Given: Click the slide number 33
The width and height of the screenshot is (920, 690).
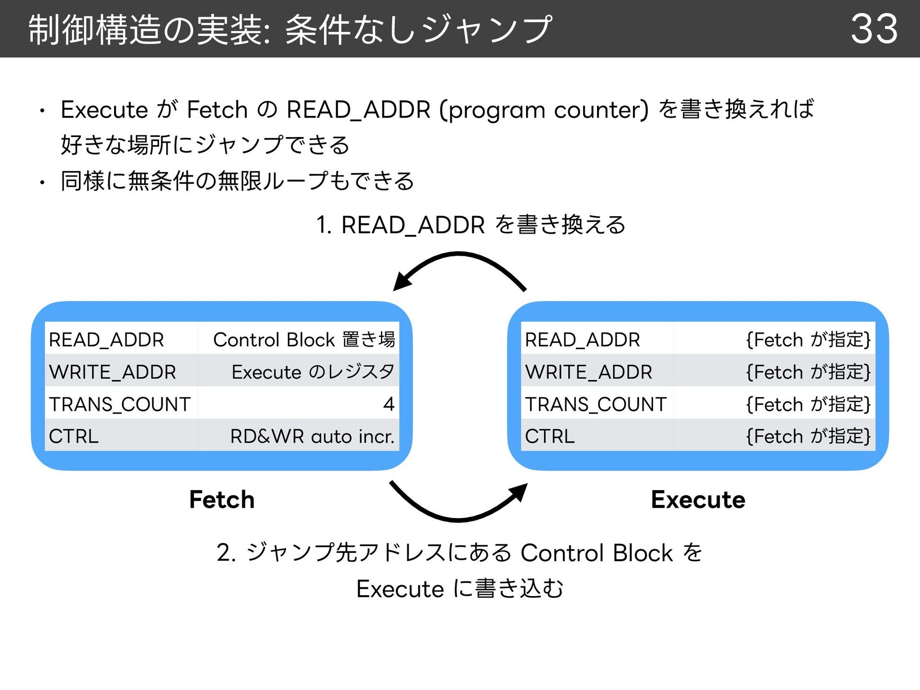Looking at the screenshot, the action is [x=874, y=29].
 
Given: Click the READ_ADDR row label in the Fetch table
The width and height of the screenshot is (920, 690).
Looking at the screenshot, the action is [x=106, y=340].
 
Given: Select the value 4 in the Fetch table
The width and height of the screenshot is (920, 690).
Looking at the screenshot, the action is [x=389, y=404].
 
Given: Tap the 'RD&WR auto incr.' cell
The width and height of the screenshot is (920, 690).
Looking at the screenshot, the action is [x=312, y=436].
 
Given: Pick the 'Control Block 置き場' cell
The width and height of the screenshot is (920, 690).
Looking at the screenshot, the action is [x=304, y=340].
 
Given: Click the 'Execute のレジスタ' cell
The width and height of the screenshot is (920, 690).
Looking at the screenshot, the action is [x=313, y=372].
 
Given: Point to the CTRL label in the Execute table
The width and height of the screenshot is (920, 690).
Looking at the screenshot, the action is [x=550, y=436].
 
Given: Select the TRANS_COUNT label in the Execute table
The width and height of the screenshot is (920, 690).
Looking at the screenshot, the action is [x=596, y=404].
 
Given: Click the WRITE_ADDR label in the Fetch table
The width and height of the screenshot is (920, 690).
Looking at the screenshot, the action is [x=113, y=372].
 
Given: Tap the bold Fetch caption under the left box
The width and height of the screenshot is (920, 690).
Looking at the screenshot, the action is [x=222, y=499].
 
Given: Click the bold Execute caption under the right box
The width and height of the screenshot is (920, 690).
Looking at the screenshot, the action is [x=698, y=499].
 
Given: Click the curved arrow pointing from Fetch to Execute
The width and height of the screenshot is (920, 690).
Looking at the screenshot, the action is [x=459, y=519].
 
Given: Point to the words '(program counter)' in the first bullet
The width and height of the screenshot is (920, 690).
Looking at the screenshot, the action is [x=544, y=110].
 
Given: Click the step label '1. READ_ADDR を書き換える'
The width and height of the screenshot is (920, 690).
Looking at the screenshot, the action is [x=471, y=225].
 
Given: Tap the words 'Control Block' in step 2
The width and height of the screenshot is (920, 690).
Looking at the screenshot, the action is [x=597, y=552].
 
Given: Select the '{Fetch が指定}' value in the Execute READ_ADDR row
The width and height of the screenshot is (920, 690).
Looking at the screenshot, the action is [x=808, y=340].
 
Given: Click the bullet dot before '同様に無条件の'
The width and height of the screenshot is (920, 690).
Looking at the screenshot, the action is [x=42, y=182].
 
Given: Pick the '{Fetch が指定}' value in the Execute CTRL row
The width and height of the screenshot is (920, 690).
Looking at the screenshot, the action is [x=808, y=436].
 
